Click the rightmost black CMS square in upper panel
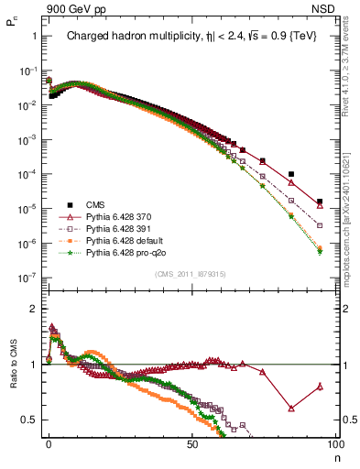(320, 202)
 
